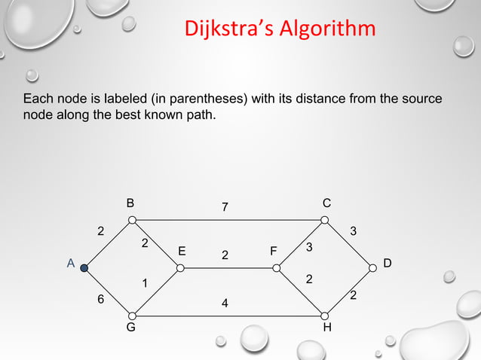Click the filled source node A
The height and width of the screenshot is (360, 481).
(x=85, y=267)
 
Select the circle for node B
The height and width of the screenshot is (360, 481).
(x=132, y=220)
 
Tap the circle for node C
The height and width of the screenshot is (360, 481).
(x=325, y=220)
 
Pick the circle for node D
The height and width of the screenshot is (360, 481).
(x=372, y=267)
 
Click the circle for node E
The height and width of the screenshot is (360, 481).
(x=180, y=267)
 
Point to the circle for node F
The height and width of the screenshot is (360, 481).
(x=277, y=267)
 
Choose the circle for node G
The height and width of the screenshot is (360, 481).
(x=132, y=316)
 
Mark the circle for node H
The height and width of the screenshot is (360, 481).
(x=325, y=316)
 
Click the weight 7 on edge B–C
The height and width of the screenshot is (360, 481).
(x=225, y=207)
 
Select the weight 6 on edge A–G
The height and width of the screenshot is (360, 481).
(x=101, y=299)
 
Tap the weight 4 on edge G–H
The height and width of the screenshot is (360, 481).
(x=225, y=304)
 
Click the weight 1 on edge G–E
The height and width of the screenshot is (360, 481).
(x=145, y=283)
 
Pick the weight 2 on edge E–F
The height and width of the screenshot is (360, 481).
(x=225, y=256)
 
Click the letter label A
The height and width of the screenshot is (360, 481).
(x=69, y=264)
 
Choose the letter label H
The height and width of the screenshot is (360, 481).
(x=326, y=329)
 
